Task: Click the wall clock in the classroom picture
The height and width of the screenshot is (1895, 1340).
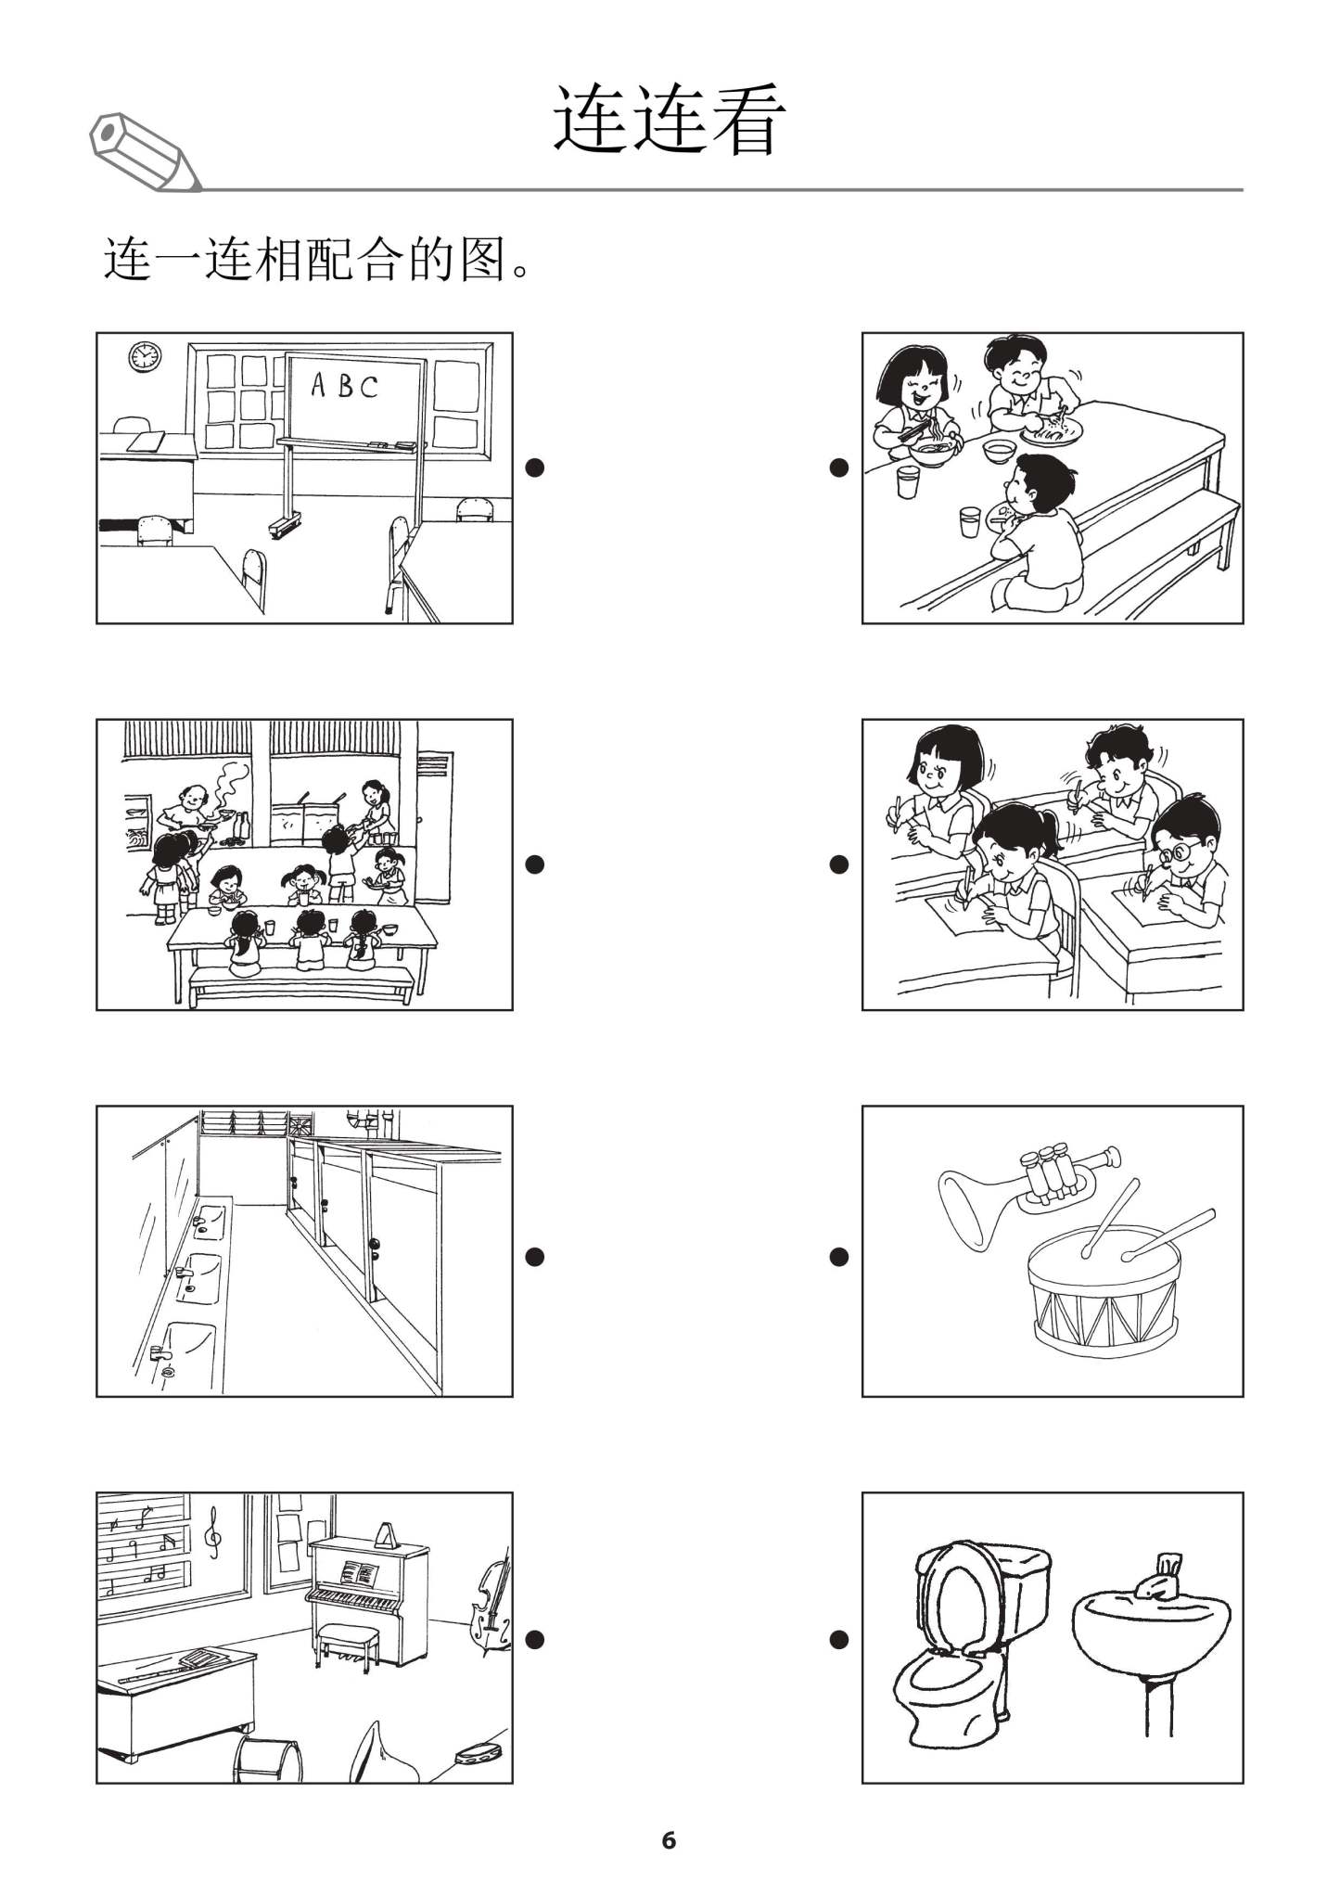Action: [x=145, y=356]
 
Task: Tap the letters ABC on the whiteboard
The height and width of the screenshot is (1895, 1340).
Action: [x=344, y=385]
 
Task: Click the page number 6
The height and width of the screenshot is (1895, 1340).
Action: [x=669, y=1839]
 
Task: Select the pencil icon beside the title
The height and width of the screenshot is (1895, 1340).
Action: [x=145, y=153]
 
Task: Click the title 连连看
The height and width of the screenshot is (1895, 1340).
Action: [x=669, y=121]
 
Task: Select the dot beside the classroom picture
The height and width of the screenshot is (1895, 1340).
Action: [x=533, y=467]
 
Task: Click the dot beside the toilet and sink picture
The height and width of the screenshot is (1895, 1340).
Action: [x=838, y=1640]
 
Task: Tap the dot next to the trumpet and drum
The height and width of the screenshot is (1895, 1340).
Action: [x=838, y=1257]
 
